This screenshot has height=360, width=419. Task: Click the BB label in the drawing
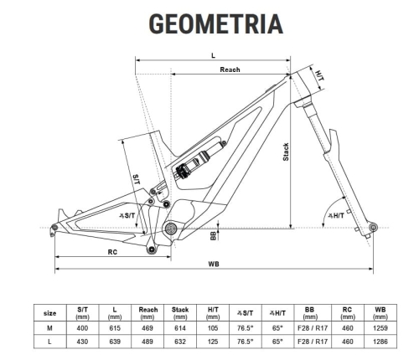point(214,236)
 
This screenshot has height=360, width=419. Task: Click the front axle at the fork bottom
point(373,225)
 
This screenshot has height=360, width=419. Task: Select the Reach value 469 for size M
point(148,329)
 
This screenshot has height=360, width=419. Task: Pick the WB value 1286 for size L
point(380,343)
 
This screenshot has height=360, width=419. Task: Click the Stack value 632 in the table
point(180,343)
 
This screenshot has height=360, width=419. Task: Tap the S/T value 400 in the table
point(82,329)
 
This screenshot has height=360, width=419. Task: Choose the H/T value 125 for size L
point(212,343)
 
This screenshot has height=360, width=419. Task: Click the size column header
point(50,313)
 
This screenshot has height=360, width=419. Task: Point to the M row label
point(50,329)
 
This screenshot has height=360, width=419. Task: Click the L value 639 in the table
point(115,343)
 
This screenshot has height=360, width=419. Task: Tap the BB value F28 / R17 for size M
point(310,329)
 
